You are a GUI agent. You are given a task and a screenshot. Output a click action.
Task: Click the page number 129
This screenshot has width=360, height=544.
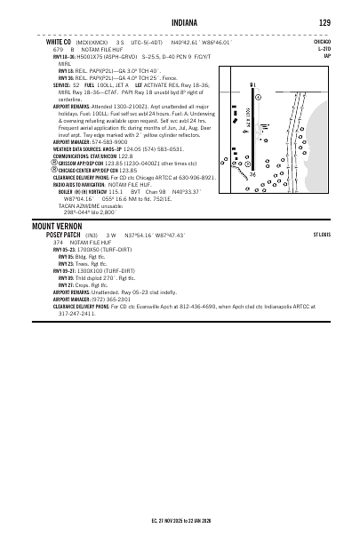[325, 23]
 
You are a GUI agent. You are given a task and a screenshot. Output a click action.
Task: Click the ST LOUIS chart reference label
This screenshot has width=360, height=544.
[322, 235]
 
